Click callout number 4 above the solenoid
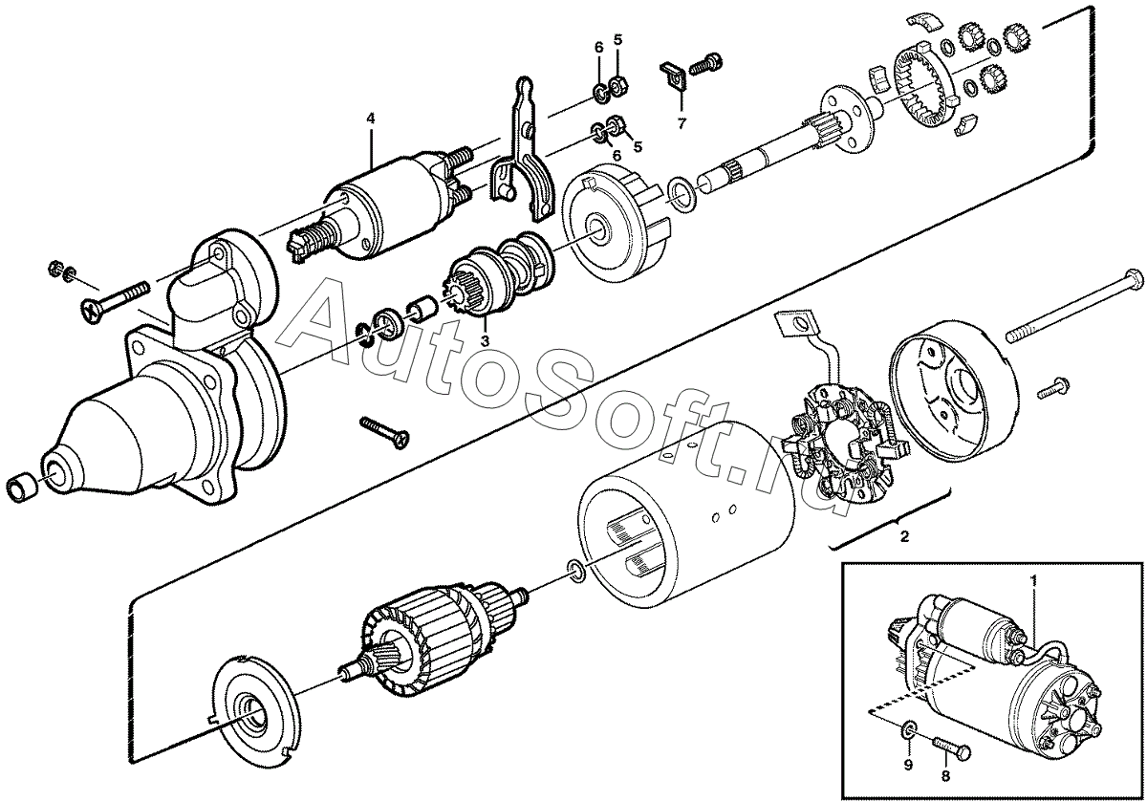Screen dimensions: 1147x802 click(370, 119)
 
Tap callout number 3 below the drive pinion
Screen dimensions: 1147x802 click(485, 340)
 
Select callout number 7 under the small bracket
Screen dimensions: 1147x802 click(682, 123)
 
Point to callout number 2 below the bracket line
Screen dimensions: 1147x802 click(905, 536)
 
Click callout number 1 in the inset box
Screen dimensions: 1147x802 click(1033, 580)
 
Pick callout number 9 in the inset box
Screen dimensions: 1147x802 click(908, 779)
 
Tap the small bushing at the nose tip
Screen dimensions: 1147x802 click(21, 488)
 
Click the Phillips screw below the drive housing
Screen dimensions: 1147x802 click(384, 433)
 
